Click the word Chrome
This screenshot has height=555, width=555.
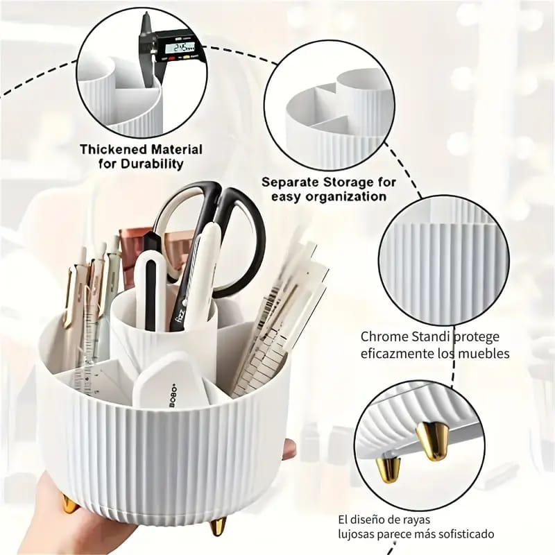pos(384,337)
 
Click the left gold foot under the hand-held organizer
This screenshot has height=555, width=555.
pos(69,503)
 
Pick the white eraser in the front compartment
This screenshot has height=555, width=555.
pos(170,382)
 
